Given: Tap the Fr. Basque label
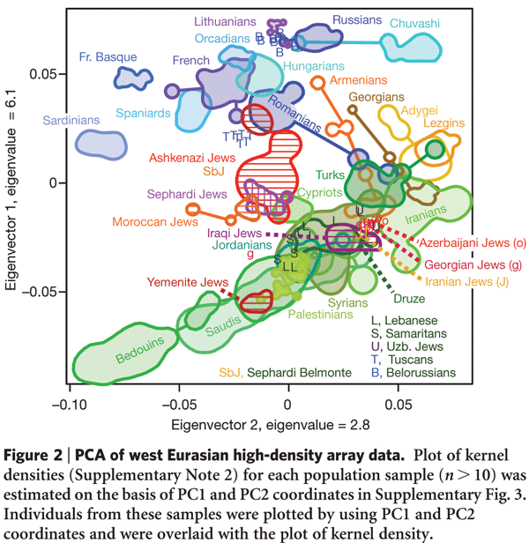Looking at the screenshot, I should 108,56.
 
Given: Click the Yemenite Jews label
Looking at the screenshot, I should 180,282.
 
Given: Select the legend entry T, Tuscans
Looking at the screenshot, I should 406,359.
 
